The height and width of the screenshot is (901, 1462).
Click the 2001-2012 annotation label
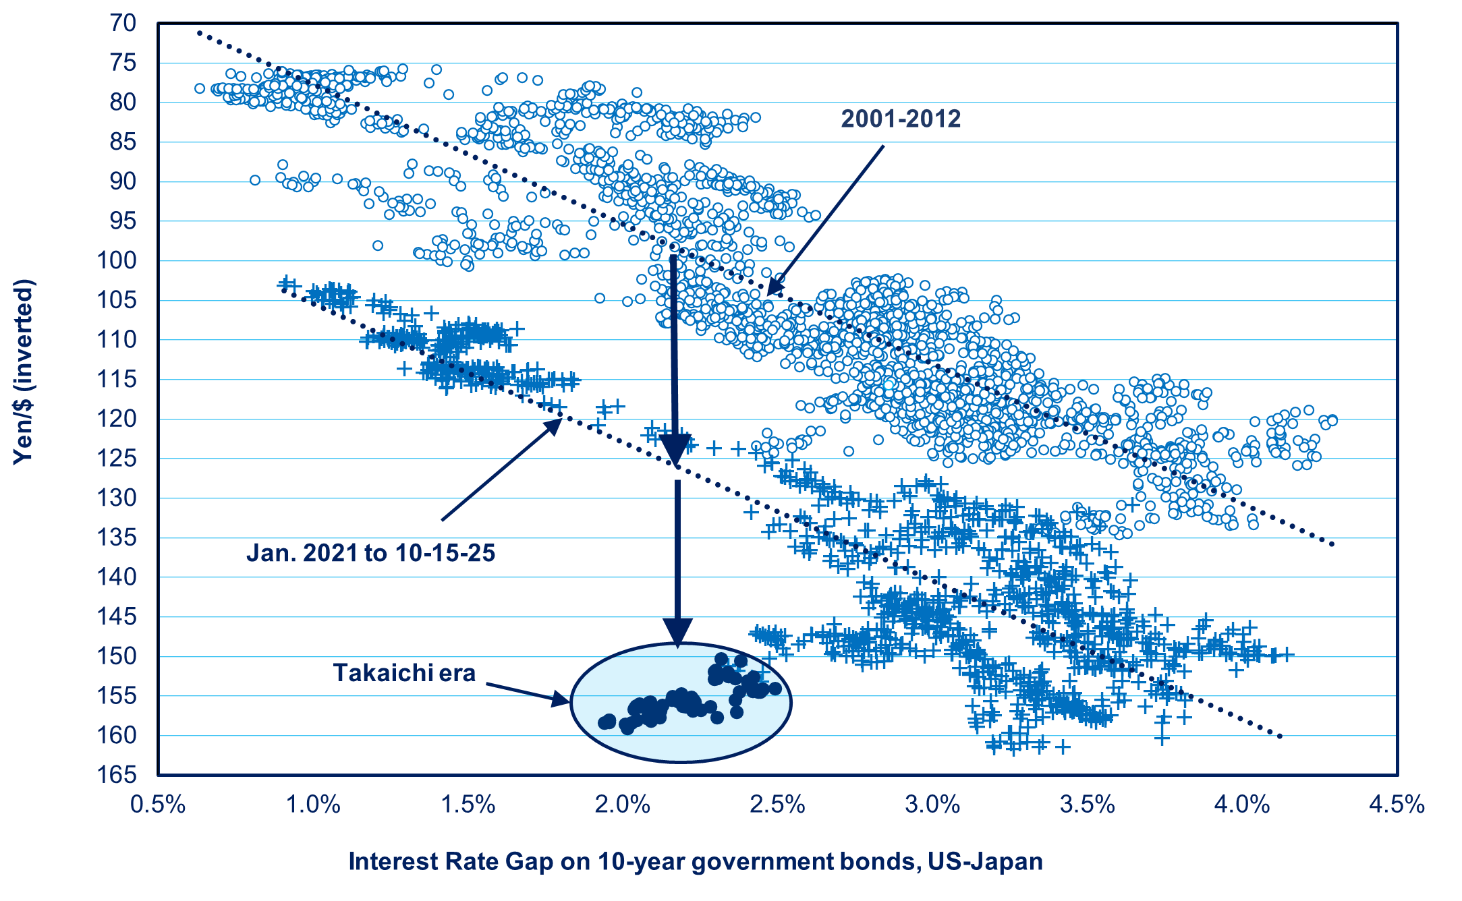tap(900, 119)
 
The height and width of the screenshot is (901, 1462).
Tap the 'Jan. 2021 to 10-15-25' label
tap(370, 553)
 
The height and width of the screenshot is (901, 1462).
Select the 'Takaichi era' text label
tap(404, 673)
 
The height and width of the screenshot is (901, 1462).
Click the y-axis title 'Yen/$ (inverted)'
tap(23, 371)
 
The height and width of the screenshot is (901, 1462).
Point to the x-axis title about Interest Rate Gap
tap(696, 861)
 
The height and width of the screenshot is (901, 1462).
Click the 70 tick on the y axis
tap(123, 23)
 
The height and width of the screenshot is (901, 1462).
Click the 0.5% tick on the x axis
tap(158, 805)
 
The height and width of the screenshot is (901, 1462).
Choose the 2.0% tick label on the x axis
tap(623, 805)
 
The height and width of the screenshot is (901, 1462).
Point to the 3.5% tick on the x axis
tap(1088, 805)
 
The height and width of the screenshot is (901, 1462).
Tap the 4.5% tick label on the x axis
tap(1397, 805)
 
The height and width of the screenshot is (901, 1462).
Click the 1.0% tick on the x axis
tap(313, 805)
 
